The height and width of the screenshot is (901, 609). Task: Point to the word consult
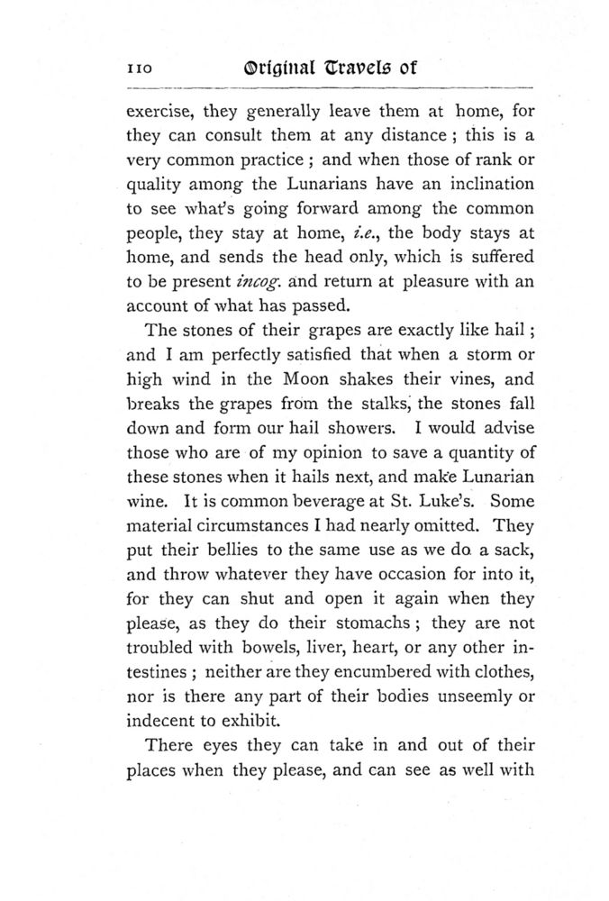[x=235, y=138]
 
